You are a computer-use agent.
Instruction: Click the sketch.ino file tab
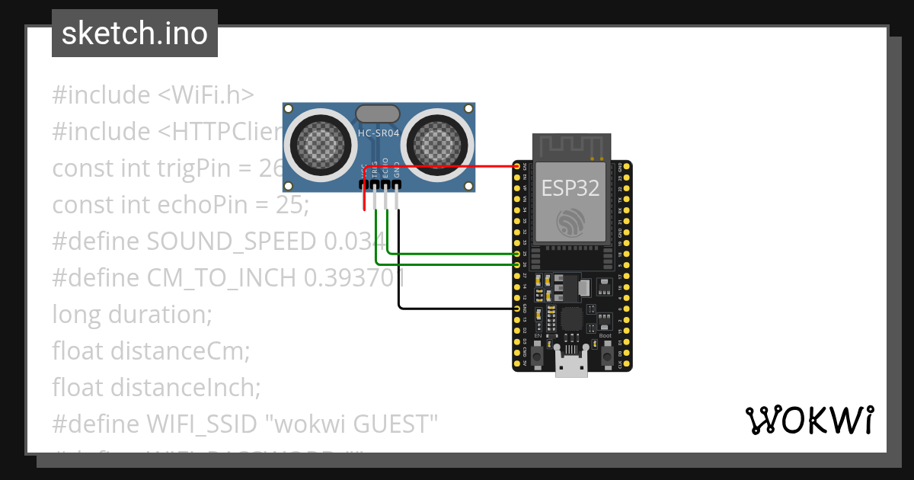tap(134, 34)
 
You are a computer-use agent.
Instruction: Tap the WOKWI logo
tap(809, 421)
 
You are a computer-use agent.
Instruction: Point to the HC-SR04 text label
tap(379, 133)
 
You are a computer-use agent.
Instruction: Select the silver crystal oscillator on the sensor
tap(377, 114)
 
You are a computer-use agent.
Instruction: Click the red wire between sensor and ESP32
tap(442, 165)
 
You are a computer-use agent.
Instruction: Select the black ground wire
tap(457, 309)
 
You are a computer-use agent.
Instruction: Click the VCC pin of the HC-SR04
tap(365, 184)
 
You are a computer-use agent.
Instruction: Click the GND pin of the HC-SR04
tap(398, 184)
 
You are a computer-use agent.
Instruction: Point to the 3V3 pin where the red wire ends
tap(517, 166)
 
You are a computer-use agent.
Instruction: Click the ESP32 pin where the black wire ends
tap(517, 309)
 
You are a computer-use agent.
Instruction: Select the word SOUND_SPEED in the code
tap(231, 242)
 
